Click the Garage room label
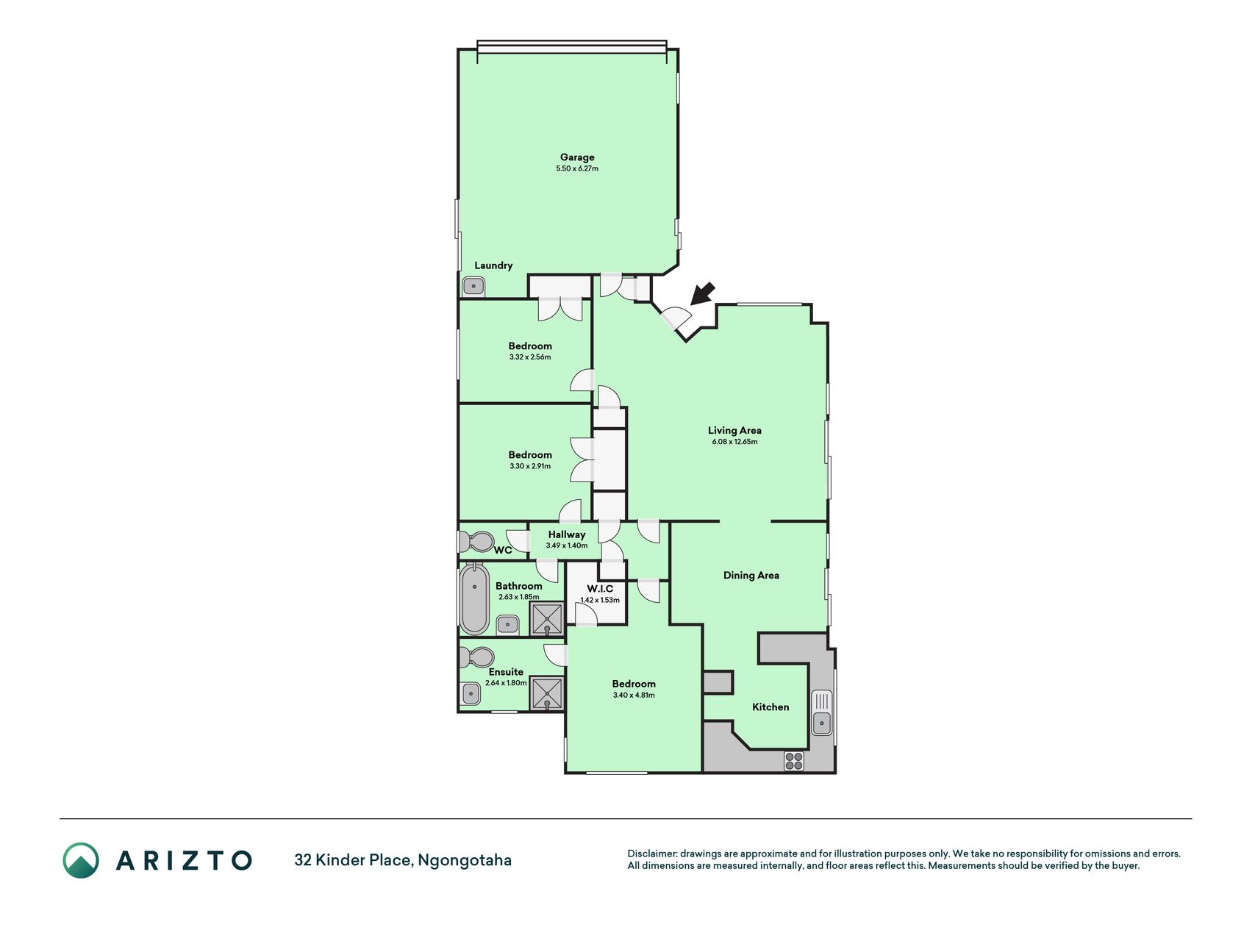[577, 157]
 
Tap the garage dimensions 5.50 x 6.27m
[577, 168]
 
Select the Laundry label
[493, 265]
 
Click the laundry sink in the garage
[473, 286]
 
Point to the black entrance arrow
[702, 293]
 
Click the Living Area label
[734, 430]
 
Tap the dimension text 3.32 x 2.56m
[530, 357]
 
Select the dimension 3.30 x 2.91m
[530, 466]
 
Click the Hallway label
[567, 534]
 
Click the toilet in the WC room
[476, 542]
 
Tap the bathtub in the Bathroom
[474, 598]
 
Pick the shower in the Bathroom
[548, 619]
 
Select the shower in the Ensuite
[548, 694]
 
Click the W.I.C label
[600, 589]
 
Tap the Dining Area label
[751, 575]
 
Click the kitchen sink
[821, 712]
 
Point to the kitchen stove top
[794, 761]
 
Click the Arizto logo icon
[81, 860]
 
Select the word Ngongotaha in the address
[465, 860]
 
